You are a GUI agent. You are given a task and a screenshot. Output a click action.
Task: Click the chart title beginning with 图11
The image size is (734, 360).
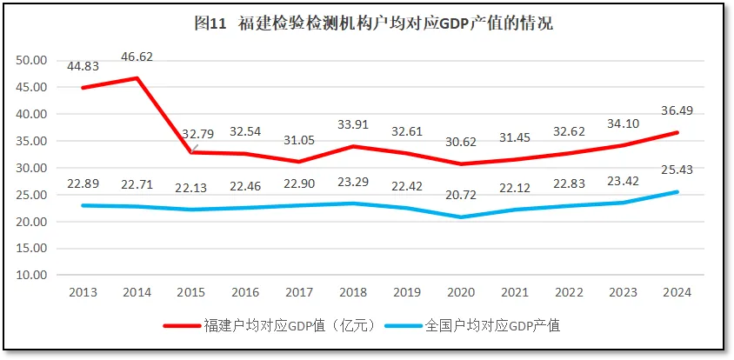(x=373, y=24)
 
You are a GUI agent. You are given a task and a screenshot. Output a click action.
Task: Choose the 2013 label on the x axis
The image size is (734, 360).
(x=83, y=293)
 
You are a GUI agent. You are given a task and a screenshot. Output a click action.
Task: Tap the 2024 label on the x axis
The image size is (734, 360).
(x=677, y=293)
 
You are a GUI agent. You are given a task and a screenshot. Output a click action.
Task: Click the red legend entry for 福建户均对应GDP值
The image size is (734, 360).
(x=270, y=326)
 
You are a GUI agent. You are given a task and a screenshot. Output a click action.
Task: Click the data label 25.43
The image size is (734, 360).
(x=677, y=170)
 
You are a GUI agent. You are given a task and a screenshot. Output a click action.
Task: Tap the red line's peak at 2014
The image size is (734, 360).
(x=137, y=78)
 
